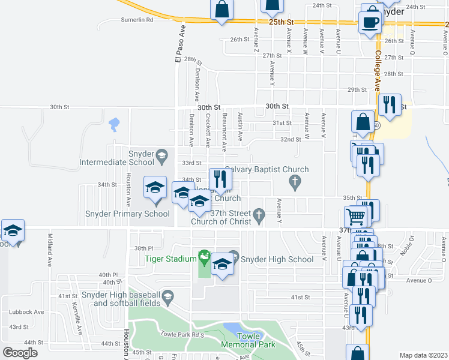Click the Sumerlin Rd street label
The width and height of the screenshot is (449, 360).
pyautogui.click(x=137, y=20)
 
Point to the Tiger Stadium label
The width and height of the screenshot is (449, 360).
pyautogui.click(x=170, y=259)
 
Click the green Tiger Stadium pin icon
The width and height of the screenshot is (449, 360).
pyautogui.click(x=205, y=258)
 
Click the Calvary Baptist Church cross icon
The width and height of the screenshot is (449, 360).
pyautogui.click(x=294, y=181)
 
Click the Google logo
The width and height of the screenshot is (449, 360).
pyautogui.click(x=20, y=352)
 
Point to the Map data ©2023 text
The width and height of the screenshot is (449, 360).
pyautogui.click(x=423, y=355)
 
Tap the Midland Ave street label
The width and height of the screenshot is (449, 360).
pyautogui.click(x=50, y=250)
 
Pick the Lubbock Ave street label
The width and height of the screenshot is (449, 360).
pyautogui.click(x=26, y=312)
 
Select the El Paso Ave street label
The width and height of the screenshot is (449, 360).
pyautogui.click(x=178, y=43)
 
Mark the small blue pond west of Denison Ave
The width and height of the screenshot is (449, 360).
pyautogui.click(x=113, y=125)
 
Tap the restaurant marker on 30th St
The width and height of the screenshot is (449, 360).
pyautogui.click(x=390, y=105)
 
